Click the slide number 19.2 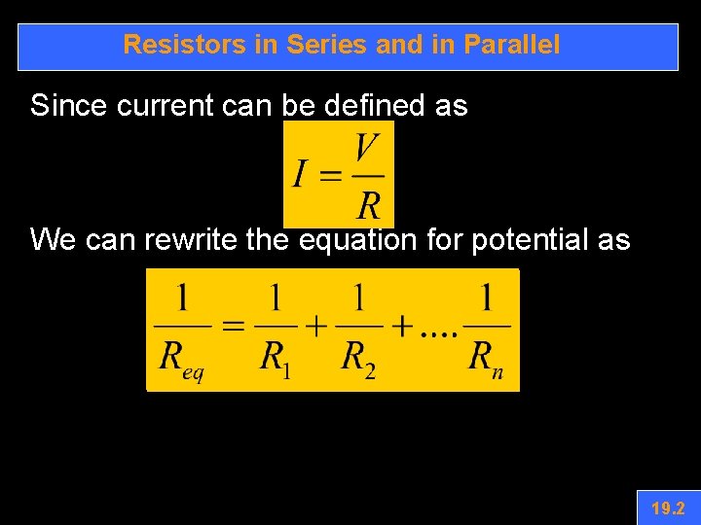pos(668,507)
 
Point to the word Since pos(69,105)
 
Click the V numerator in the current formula pos(366,149)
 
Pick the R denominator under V pos(368,205)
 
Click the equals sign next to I pos(331,176)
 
